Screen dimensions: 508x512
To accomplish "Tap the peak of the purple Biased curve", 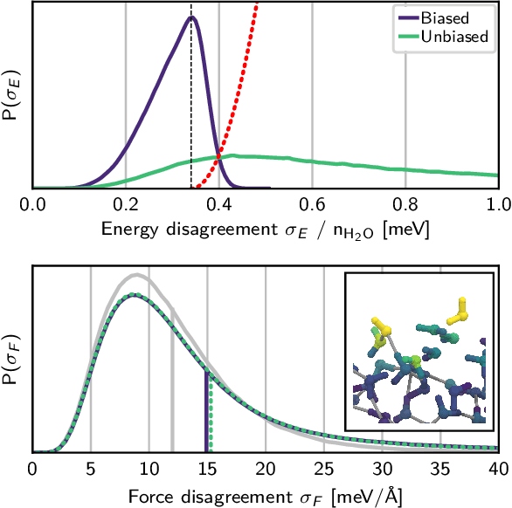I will (x=192, y=17).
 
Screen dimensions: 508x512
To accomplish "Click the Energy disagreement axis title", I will (x=266, y=230).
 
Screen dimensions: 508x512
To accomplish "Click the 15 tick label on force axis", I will (x=207, y=470).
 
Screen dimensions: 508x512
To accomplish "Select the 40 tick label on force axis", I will (x=498, y=470).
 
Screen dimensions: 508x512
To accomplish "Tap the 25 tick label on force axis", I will (x=323, y=470).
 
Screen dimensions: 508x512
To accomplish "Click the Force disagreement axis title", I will (x=266, y=495).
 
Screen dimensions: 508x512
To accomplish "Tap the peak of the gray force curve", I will (x=137, y=275).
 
